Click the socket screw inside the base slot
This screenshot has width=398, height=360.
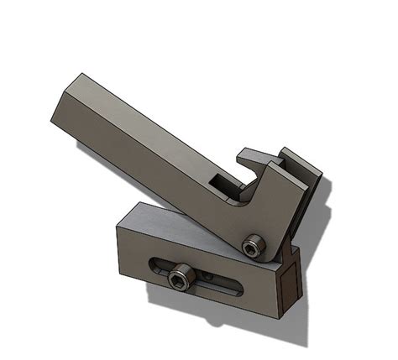[x=179, y=278]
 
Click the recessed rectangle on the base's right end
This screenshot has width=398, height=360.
[x=286, y=281]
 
